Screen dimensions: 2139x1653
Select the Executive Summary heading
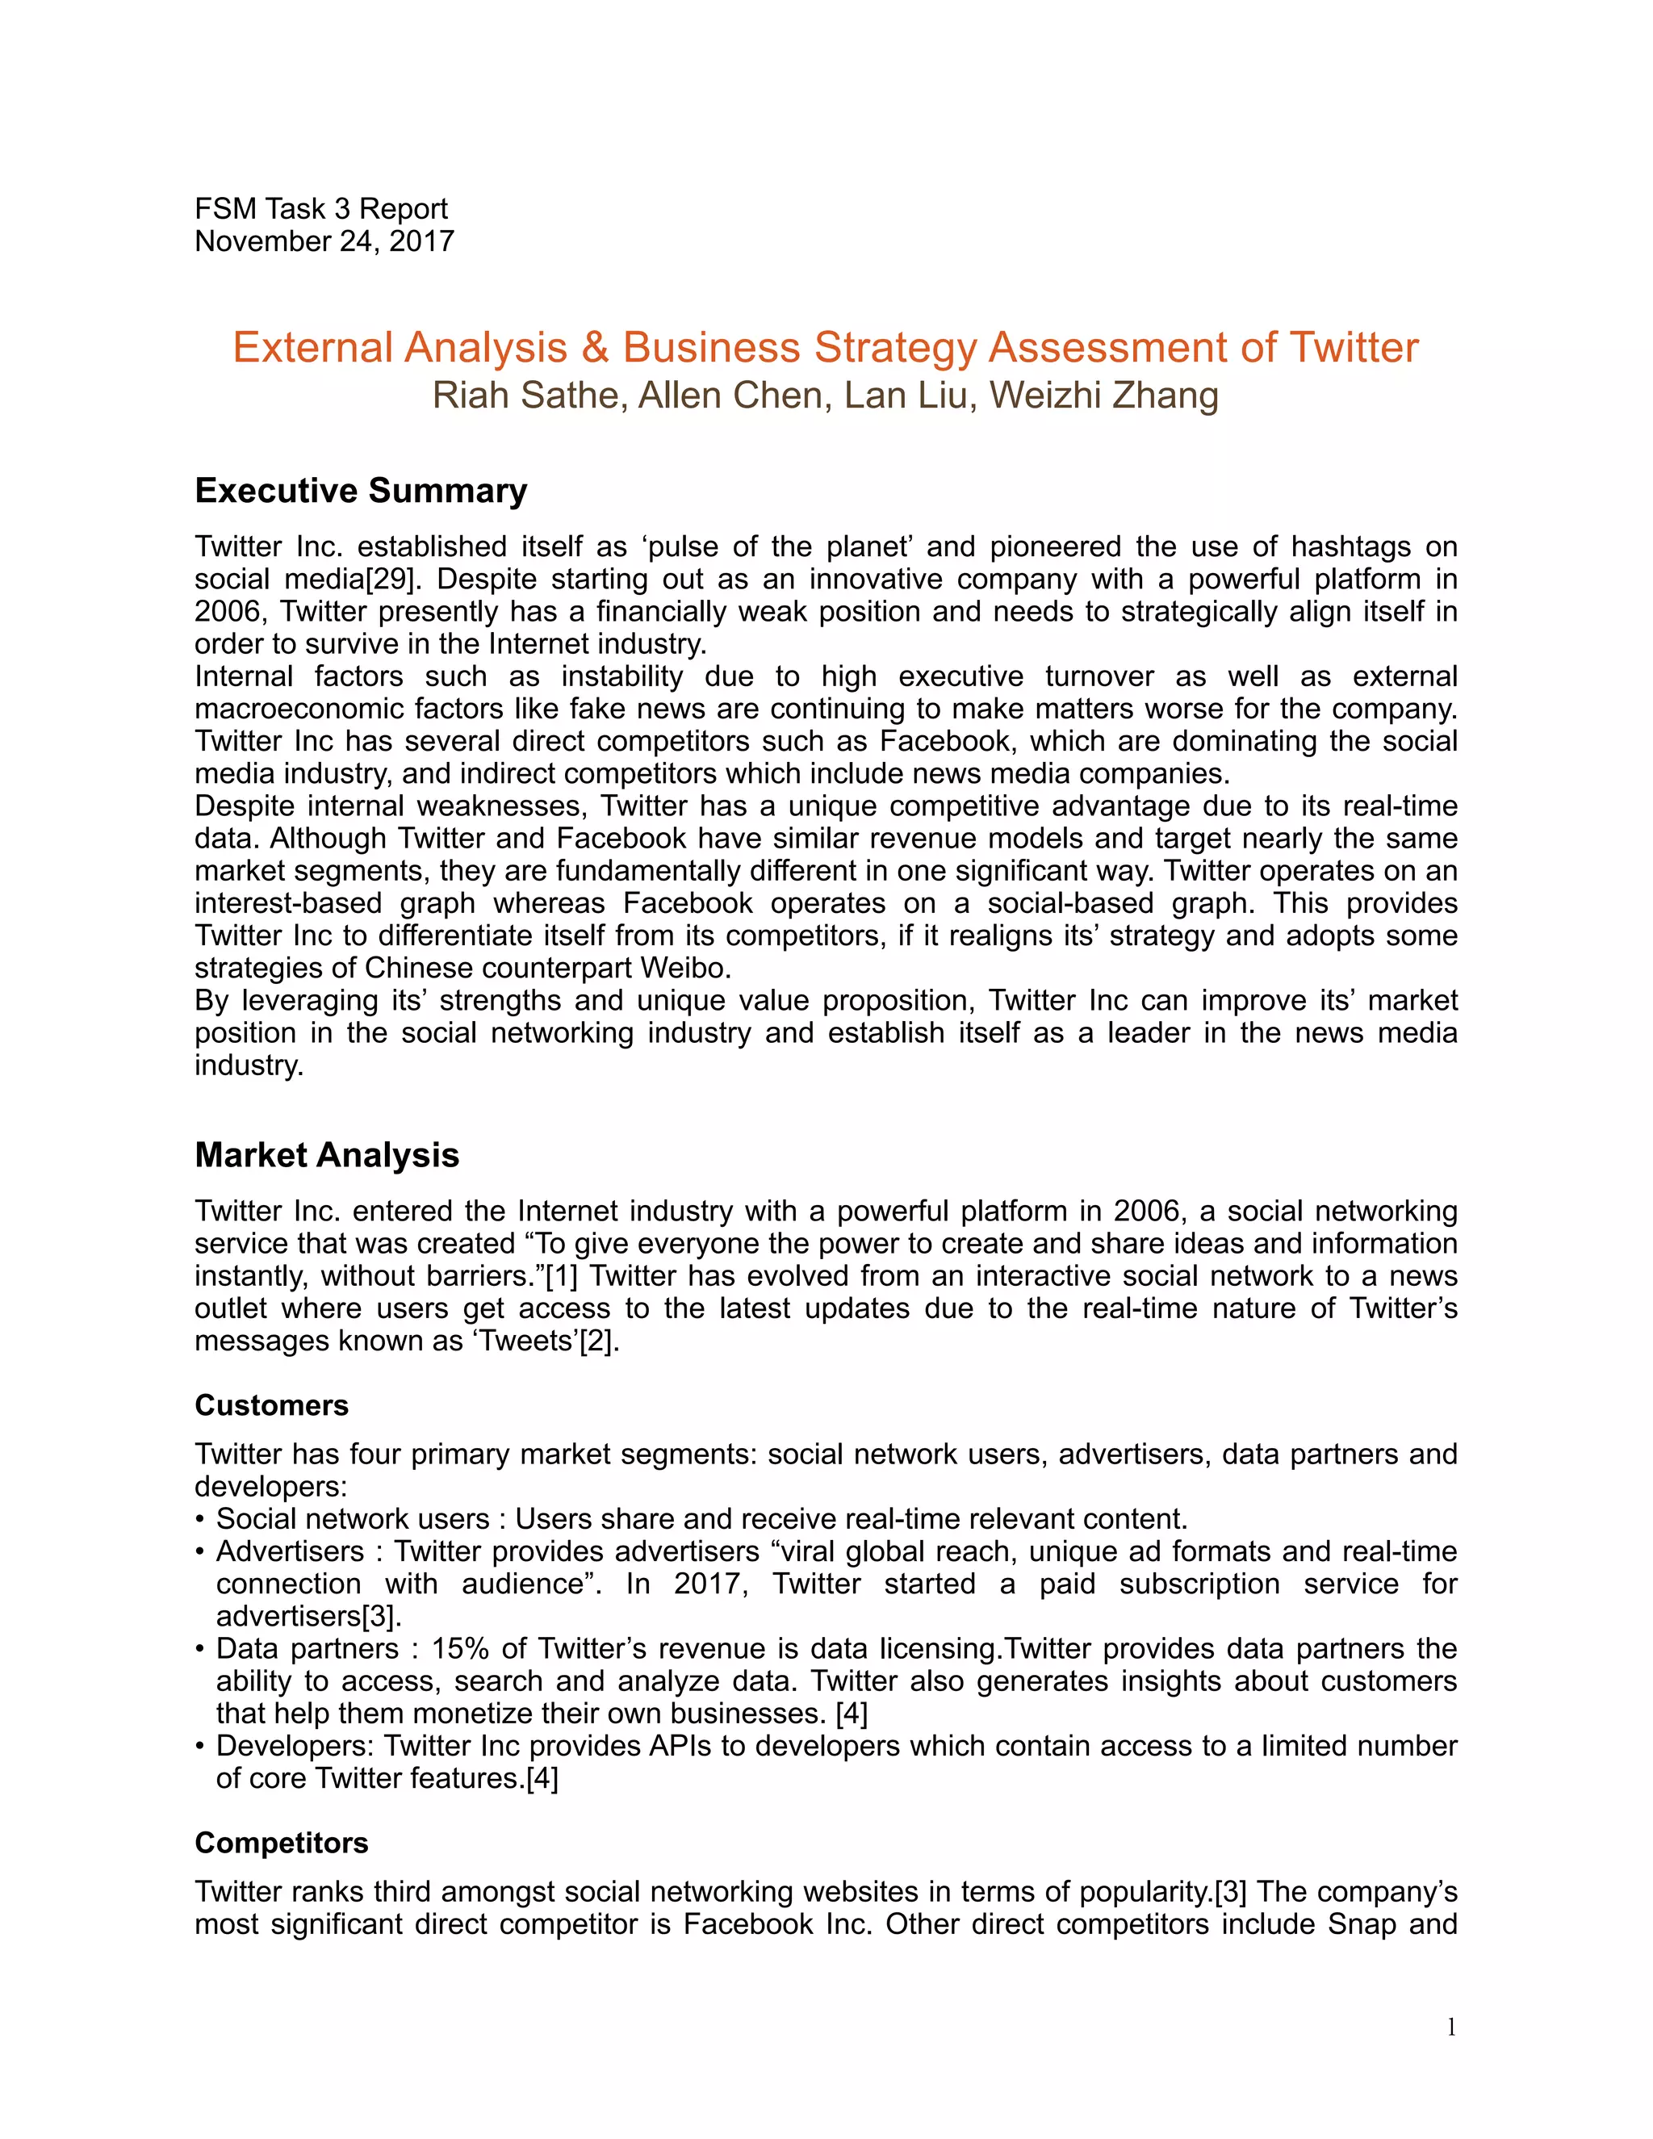click(x=360, y=490)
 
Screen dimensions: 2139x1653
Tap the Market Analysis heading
click(x=326, y=1155)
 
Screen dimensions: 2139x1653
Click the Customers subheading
click(x=271, y=1405)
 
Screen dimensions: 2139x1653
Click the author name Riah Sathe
click(x=528, y=395)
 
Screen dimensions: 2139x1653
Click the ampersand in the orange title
click(x=594, y=348)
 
